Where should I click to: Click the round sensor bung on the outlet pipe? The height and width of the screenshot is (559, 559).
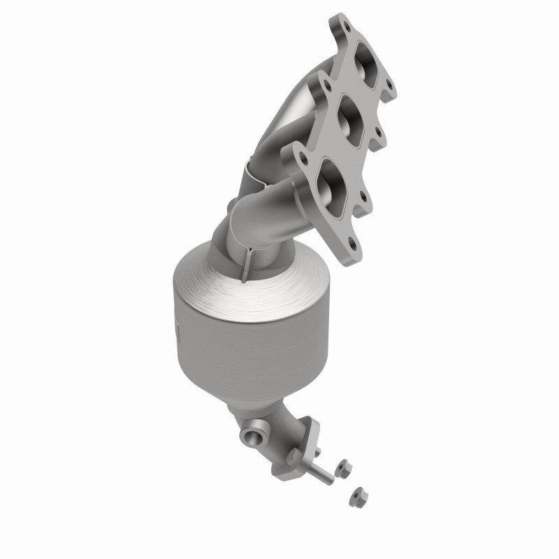251,437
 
